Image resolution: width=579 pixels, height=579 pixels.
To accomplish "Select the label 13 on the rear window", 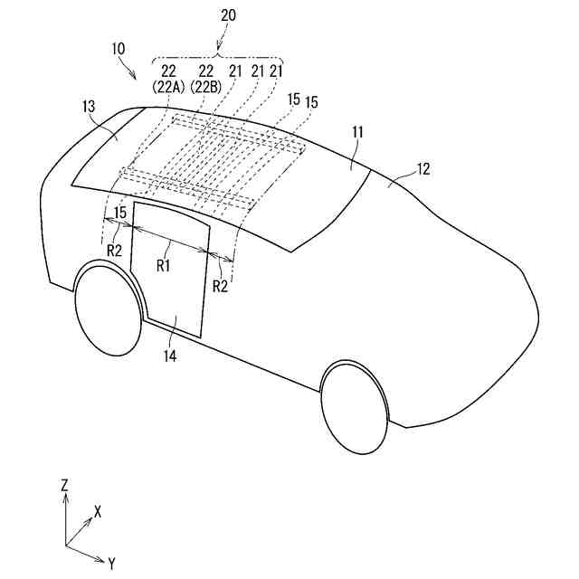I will [x=89, y=107].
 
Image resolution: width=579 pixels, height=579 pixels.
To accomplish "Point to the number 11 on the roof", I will [x=358, y=132].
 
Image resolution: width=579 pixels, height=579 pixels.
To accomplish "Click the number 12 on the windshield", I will [x=423, y=168].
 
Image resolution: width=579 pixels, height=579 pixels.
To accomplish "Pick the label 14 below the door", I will [x=170, y=356].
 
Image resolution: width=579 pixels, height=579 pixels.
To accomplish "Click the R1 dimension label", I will [x=164, y=266].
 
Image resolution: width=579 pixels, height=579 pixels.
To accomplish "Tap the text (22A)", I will [x=170, y=87].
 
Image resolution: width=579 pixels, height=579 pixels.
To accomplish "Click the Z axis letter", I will [x=64, y=485].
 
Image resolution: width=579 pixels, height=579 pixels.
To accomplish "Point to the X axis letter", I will [x=98, y=511].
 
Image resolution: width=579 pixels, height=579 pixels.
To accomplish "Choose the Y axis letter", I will [x=111, y=564].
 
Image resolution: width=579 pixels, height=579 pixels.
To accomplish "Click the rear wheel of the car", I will [x=106, y=308].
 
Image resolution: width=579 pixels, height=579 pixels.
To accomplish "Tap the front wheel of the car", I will [x=356, y=407].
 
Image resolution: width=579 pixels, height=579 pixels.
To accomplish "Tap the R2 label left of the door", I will [x=113, y=251].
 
